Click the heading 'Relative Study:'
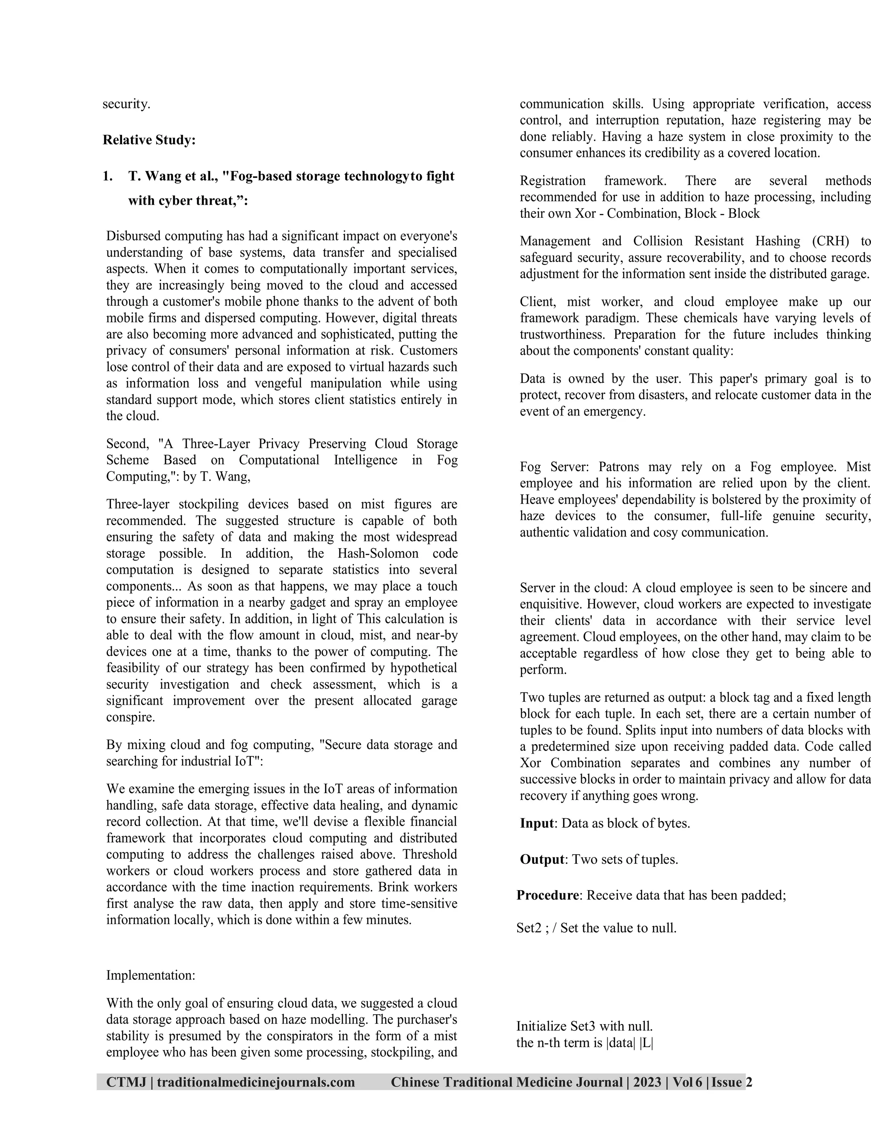pos(149,140)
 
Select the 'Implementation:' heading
pos(151,975)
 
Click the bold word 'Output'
pos(542,859)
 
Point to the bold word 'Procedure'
pos(547,895)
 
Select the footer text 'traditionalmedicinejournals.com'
pos(256,1082)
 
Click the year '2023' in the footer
pos(647,1082)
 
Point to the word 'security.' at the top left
pos(126,104)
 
